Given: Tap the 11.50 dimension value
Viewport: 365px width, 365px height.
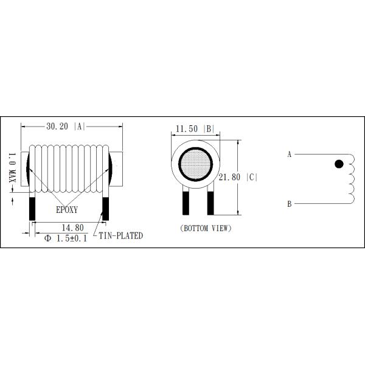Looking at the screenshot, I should point(186,130).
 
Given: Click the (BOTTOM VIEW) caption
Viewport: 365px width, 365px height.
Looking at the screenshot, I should point(206,228).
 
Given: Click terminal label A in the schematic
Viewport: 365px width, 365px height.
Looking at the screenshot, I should point(290,155).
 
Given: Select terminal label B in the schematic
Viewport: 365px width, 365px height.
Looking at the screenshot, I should point(290,204).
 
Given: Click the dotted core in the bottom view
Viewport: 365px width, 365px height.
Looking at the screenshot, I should point(195,164).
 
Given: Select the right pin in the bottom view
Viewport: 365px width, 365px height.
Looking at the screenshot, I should point(210,201).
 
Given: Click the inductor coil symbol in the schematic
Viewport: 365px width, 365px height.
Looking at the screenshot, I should point(351,178).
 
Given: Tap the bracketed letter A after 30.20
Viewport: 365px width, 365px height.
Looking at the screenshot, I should point(79,127).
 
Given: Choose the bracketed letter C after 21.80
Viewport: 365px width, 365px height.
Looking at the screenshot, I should point(253,177).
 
